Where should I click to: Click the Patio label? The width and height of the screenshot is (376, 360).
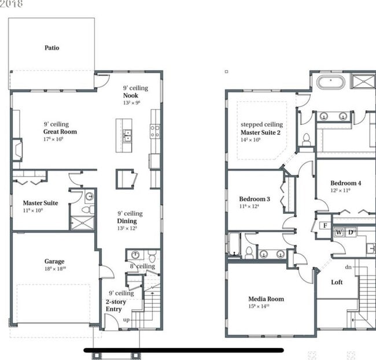pyautogui.click(x=51, y=48)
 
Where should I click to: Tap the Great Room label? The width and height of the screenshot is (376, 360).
pyautogui.click(x=60, y=132)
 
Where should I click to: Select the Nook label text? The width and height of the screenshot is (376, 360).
pyautogui.click(x=130, y=95)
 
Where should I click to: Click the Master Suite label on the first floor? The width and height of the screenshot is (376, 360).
pyautogui.click(x=40, y=203)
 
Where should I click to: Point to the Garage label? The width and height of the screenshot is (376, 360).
pyautogui.click(x=54, y=261)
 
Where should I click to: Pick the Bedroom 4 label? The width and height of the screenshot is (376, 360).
pyautogui.click(x=345, y=183)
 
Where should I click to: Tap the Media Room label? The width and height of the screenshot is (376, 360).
pyautogui.click(x=266, y=299)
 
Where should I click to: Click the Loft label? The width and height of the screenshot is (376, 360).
pyautogui.click(x=337, y=283)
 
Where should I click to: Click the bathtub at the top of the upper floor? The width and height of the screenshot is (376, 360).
pyautogui.click(x=330, y=81)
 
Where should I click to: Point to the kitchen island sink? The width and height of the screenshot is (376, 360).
pyautogui.click(x=126, y=136)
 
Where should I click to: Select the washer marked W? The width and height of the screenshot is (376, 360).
pyautogui.click(x=339, y=232)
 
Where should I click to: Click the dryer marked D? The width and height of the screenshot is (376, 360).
pyautogui.click(x=351, y=232)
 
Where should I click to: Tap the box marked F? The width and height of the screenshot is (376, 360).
pyautogui.click(x=325, y=225)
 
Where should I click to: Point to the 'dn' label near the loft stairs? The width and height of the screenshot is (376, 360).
pyautogui.click(x=348, y=267)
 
